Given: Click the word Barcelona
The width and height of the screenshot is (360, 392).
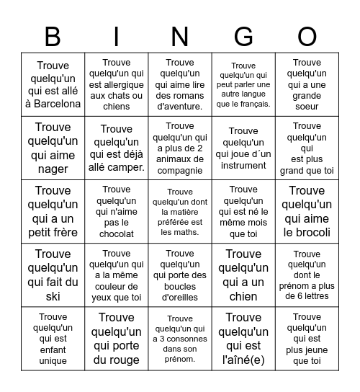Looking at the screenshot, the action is pos(53,104).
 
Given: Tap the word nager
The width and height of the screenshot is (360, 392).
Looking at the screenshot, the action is pos(53,169).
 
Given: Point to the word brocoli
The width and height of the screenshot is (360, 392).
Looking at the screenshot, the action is pos(307,232).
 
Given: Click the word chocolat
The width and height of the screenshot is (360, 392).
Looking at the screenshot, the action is pos(117,234).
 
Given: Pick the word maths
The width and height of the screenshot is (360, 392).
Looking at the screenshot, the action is pos(189,232).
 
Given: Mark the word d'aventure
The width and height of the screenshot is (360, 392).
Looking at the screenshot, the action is pos(180,107).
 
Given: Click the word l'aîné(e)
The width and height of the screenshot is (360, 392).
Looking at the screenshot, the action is pos(243,360).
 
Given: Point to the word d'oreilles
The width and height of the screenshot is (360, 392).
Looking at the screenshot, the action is pos(180,296).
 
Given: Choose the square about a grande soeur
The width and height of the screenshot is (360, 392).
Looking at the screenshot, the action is pos(307,84).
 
